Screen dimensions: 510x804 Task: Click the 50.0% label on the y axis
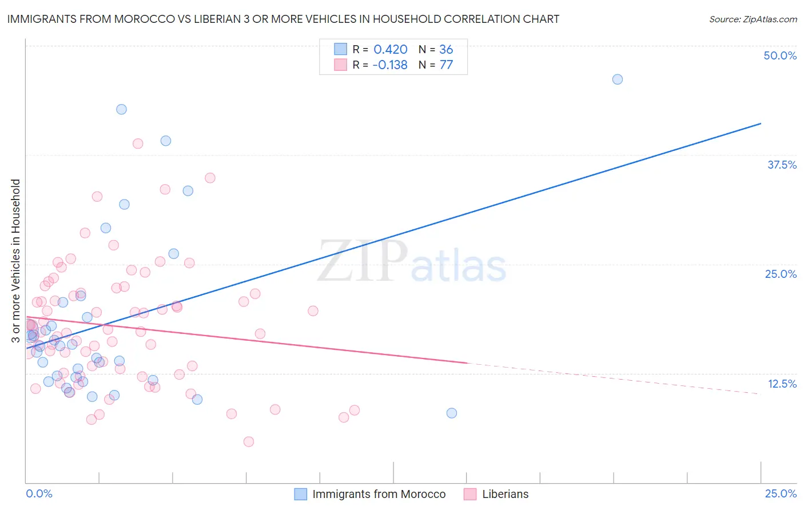tap(780, 55)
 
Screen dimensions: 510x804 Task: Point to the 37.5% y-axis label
tap(782, 165)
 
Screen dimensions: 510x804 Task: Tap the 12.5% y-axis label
tap(782, 384)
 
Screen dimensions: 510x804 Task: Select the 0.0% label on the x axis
tap(39, 493)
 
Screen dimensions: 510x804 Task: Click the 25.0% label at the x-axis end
tap(781, 493)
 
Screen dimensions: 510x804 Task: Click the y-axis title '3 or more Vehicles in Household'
tap(15, 261)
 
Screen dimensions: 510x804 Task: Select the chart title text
tap(283, 19)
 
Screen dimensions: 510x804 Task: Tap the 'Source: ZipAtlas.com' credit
tap(753, 19)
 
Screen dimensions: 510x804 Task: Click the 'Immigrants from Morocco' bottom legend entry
tap(379, 494)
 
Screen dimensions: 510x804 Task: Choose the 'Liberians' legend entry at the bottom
tap(505, 494)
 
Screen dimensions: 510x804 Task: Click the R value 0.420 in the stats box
tap(390, 50)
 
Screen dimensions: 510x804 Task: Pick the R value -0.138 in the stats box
tap(389, 65)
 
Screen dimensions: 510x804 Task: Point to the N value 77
tap(446, 65)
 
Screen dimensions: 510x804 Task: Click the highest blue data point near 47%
tap(617, 79)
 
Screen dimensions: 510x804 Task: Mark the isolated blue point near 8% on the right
tap(451, 413)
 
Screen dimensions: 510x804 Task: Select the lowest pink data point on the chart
tap(248, 441)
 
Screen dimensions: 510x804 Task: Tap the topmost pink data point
tap(137, 144)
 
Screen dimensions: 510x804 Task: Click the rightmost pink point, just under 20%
tap(313, 311)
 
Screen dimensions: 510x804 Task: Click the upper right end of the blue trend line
tap(760, 123)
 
